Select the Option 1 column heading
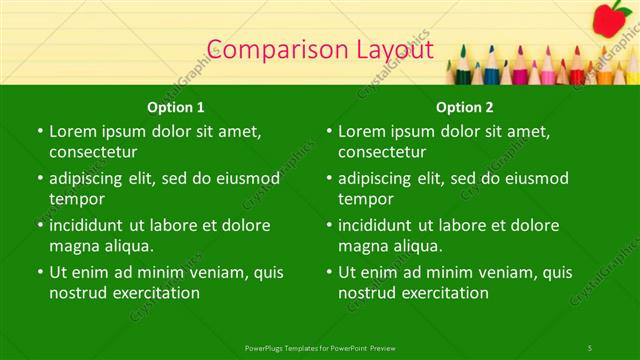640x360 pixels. point(176,106)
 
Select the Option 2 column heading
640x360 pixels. point(465,106)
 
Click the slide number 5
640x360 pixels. point(590,347)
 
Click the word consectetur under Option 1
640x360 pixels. point(93,152)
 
